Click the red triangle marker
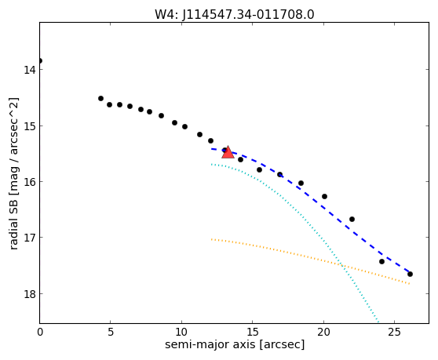point(228,152)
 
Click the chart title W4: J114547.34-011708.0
point(235,15)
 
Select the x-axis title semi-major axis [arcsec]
point(235,344)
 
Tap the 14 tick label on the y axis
point(29,70)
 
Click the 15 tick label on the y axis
point(29,126)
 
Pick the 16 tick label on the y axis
point(29,182)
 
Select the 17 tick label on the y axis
point(29,238)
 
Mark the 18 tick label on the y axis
point(29,294)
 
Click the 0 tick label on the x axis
point(40,332)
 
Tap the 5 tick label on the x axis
point(111,332)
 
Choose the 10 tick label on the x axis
point(181,332)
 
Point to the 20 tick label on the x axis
point(323,332)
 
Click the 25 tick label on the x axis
point(394,332)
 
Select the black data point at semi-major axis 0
point(40,60)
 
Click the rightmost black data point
point(410,274)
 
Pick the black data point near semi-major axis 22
point(352,219)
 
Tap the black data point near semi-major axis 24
point(381,261)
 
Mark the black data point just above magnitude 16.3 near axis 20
point(324,196)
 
